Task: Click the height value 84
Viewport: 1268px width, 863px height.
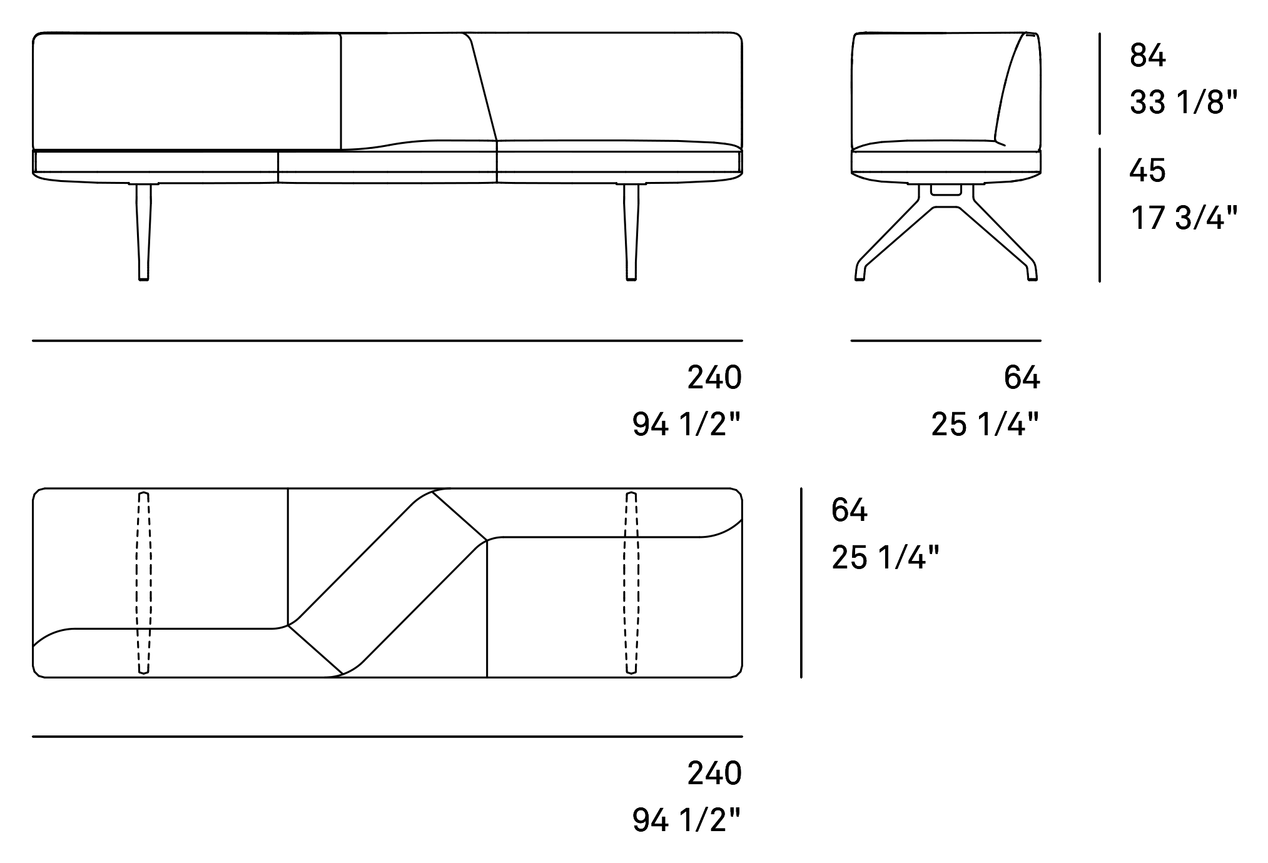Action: (1147, 56)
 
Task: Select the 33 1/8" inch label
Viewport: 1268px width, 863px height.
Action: (1184, 103)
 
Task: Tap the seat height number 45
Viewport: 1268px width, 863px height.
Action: (1147, 170)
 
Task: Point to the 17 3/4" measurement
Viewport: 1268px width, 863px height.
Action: (1184, 218)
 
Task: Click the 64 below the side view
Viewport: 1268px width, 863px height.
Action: (1022, 378)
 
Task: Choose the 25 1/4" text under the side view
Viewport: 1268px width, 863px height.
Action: (985, 425)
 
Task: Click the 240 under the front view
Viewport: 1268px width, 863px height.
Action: (714, 378)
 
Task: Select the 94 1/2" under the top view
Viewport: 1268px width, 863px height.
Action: (686, 820)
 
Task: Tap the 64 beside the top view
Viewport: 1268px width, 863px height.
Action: (850, 510)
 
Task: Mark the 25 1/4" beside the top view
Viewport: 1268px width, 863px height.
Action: (885, 557)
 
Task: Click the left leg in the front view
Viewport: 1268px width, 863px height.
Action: (143, 232)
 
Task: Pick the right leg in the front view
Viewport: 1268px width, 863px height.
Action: (631, 232)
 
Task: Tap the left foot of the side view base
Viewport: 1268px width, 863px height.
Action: (860, 273)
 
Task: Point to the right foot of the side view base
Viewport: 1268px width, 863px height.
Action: (1032, 273)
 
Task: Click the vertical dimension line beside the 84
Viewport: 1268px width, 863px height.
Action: (1100, 84)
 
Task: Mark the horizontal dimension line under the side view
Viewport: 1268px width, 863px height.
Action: (946, 341)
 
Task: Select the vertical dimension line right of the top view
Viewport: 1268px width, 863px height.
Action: (801, 583)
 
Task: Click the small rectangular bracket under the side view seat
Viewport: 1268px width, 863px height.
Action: (945, 188)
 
